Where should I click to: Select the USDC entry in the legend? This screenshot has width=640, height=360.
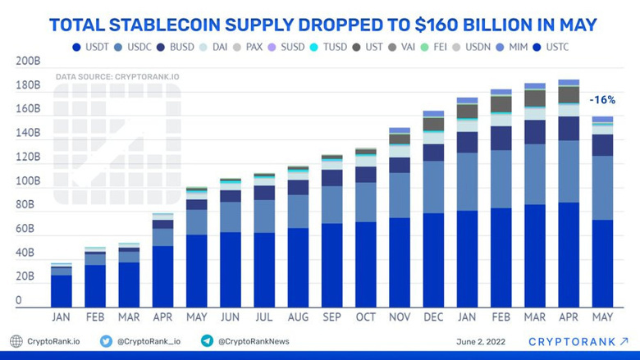[x=139, y=47]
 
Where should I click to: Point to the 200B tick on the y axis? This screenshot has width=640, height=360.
[x=28, y=62]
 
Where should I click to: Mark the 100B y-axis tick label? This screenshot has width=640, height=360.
[x=28, y=181]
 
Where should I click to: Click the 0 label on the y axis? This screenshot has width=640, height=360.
[x=18, y=301]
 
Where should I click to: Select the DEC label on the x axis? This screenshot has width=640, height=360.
[x=433, y=317]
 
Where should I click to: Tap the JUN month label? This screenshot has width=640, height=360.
[x=231, y=317]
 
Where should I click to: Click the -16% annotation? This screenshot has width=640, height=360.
[x=602, y=100]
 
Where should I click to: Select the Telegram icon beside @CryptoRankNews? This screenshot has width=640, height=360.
[x=207, y=341]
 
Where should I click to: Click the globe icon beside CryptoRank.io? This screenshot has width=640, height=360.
[x=16, y=341]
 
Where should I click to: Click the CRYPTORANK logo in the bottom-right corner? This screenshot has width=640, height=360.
[x=578, y=341]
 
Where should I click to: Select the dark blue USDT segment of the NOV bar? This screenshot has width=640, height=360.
[x=400, y=262]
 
